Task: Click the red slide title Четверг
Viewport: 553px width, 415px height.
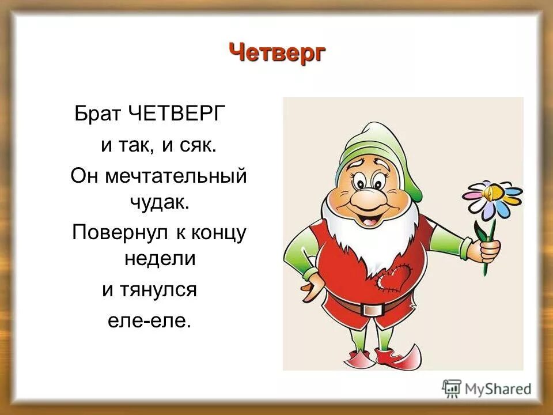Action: pos(278,54)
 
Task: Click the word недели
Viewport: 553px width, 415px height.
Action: pos(161,259)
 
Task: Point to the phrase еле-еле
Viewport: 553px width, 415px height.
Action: pos(149,320)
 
